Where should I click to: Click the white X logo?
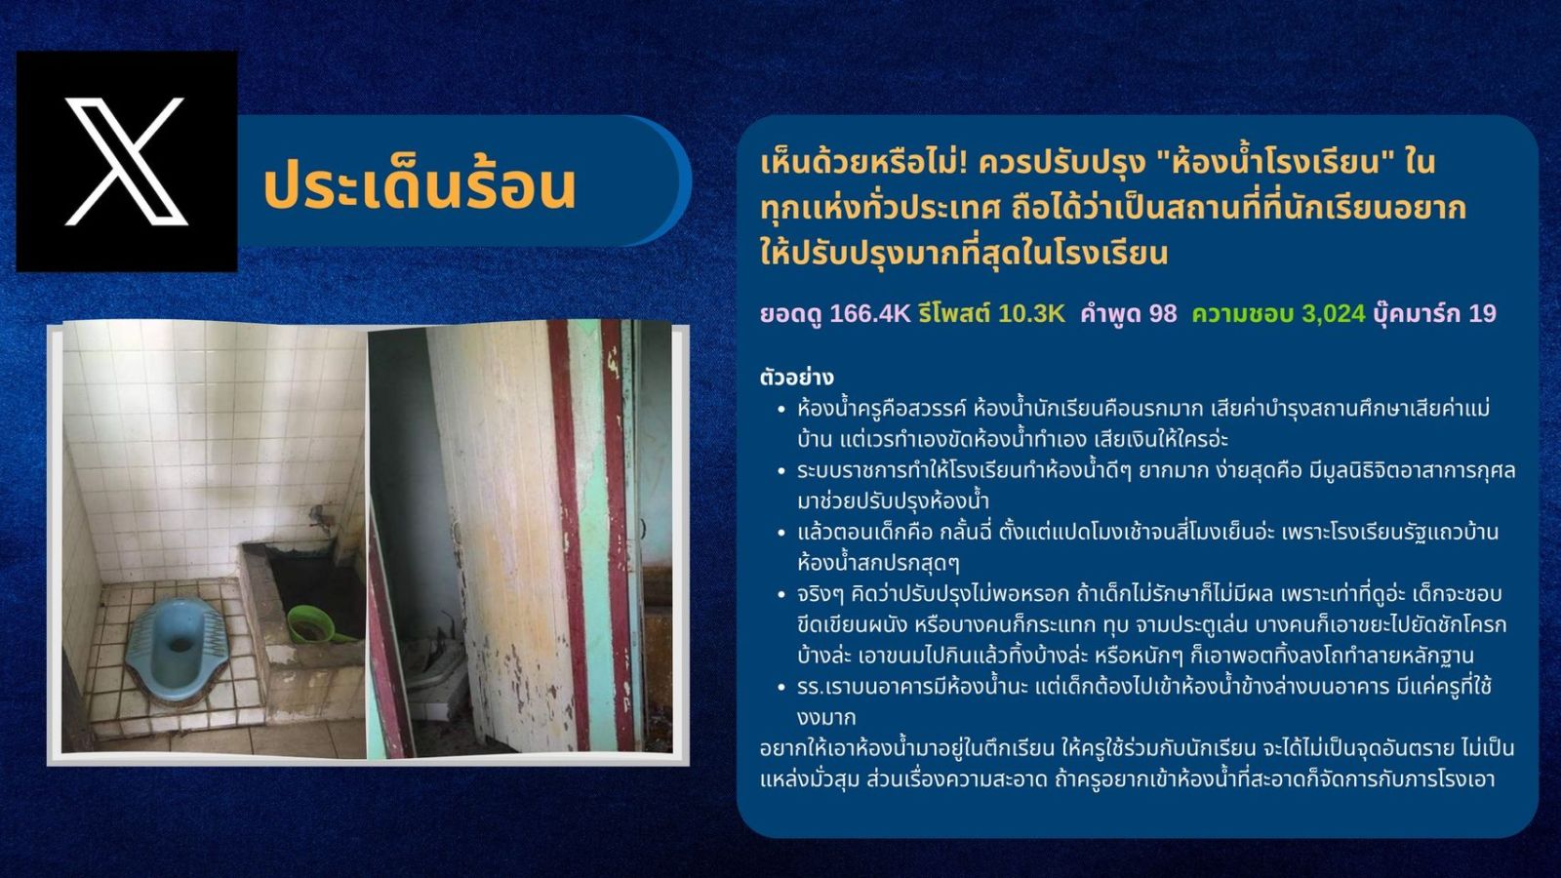(x=126, y=162)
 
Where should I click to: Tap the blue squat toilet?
(x=175, y=648)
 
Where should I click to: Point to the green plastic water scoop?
(x=312, y=625)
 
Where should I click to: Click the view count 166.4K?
(x=869, y=313)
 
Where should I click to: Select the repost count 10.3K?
(x=1031, y=313)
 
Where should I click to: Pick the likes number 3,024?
(x=1333, y=313)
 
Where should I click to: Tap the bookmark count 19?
(x=1482, y=313)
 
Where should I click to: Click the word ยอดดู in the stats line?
(x=791, y=315)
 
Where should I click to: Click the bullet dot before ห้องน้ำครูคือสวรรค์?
(x=781, y=410)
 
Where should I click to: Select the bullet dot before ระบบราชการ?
(x=781, y=472)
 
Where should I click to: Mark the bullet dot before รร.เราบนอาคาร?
(x=781, y=688)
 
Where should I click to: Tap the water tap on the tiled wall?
(x=321, y=516)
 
